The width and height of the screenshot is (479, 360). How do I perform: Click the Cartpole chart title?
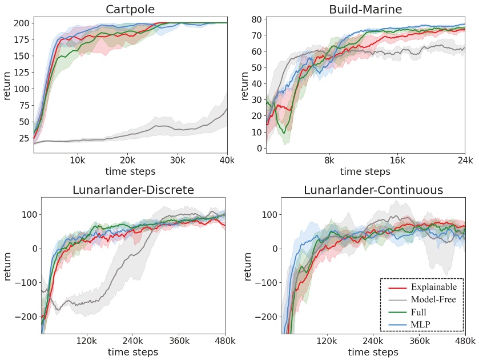point(130,9)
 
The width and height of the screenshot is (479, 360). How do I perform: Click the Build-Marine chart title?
point(365,9)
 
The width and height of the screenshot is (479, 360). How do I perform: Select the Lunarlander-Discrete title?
point(133,190)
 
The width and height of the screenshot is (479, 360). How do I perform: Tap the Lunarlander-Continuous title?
point(373,190)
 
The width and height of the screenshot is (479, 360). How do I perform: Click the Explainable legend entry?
point(433,287)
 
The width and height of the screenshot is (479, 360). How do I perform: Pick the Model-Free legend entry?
point(433,299)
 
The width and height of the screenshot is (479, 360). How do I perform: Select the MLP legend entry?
point(420,325)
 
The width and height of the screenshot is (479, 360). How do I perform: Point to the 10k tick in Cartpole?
point(78,160)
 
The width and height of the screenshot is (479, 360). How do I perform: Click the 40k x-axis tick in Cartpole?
point(227,160)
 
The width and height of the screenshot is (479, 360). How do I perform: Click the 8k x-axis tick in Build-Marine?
point(329,160)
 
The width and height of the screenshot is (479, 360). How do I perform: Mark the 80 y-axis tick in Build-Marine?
point(257,19)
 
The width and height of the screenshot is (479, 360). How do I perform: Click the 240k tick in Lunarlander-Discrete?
point(132,341)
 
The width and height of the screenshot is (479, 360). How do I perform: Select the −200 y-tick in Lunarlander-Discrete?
point(23,316)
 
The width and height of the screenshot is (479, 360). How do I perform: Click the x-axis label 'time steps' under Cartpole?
point(130,171)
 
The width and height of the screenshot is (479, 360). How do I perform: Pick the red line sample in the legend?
point(395,287)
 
